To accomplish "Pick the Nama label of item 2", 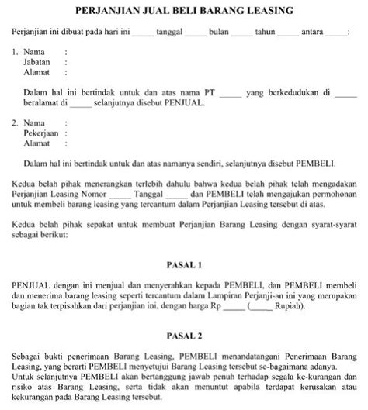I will click(x=35, y=123).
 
